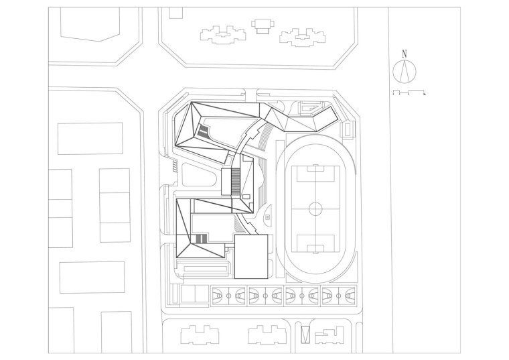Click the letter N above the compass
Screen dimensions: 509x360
coord(404,53)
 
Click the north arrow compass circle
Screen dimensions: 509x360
coord(404,70)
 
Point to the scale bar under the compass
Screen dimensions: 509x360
coord(409,92)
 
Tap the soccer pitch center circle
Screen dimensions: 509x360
coord(315,208)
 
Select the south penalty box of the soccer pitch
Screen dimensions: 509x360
coord(315,246)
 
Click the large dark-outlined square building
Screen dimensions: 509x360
coord(250,256)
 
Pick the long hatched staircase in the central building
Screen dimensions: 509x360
coord(235,180)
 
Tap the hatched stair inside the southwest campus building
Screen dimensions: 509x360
coord(199,239)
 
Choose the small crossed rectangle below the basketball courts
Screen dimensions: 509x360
coord(305,334)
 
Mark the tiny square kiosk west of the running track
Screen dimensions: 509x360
coord(268,217)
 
